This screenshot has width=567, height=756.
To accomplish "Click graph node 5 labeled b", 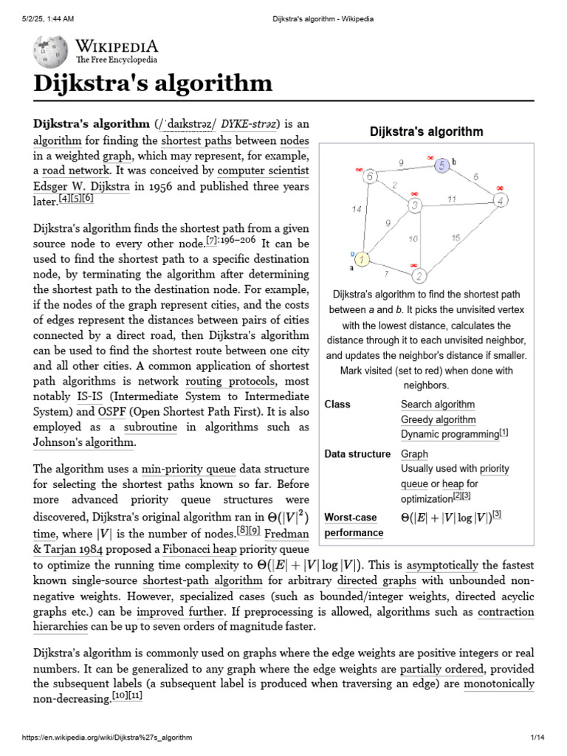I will tap(441, 165).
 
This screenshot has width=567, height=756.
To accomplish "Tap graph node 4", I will tap(501, 200).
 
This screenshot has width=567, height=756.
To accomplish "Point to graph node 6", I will tap(370, 176).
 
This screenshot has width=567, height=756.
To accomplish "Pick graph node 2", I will tap(419, 277).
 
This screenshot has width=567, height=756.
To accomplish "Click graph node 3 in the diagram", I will tap(416, 205).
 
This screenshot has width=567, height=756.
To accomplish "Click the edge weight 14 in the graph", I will tap(357, 210).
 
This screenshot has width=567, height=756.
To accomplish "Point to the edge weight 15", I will tap(456, 238).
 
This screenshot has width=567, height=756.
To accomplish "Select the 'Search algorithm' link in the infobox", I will tap(437, 405).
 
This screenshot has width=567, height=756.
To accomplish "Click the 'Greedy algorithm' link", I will tap(438, 419).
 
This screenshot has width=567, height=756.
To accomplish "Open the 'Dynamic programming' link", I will tap(450, 435).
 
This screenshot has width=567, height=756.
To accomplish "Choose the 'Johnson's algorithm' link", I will tap(83, 442).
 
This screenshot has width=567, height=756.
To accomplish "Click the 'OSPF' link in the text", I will tap(112, 411).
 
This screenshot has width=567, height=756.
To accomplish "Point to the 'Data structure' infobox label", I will tap(357, 454).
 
